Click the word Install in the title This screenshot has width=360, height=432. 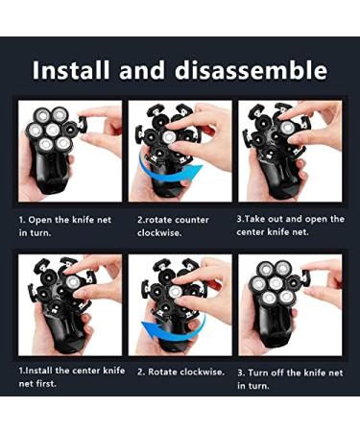point(71,70)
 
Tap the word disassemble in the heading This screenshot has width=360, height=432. point(251,70)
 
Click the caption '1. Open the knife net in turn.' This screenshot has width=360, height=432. point(65,227)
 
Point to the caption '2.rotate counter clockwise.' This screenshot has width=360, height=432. point(173,227)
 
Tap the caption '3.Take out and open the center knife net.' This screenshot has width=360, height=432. point(290,226)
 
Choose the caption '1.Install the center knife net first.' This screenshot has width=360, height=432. point(72,377)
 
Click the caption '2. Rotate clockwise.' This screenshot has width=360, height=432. point(180,372)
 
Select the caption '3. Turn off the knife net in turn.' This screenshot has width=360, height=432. point(290,379)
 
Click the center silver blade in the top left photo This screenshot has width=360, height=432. point(53,130)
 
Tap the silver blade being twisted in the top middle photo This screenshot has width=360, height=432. point(169,136)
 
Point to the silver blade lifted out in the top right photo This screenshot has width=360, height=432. point(287,128)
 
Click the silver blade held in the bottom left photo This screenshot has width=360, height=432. point(73,282)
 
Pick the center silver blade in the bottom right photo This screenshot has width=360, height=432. point(276,283)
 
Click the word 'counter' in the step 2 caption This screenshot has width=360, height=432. point(192,220)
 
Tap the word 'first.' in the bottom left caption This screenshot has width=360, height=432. point(46,383)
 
